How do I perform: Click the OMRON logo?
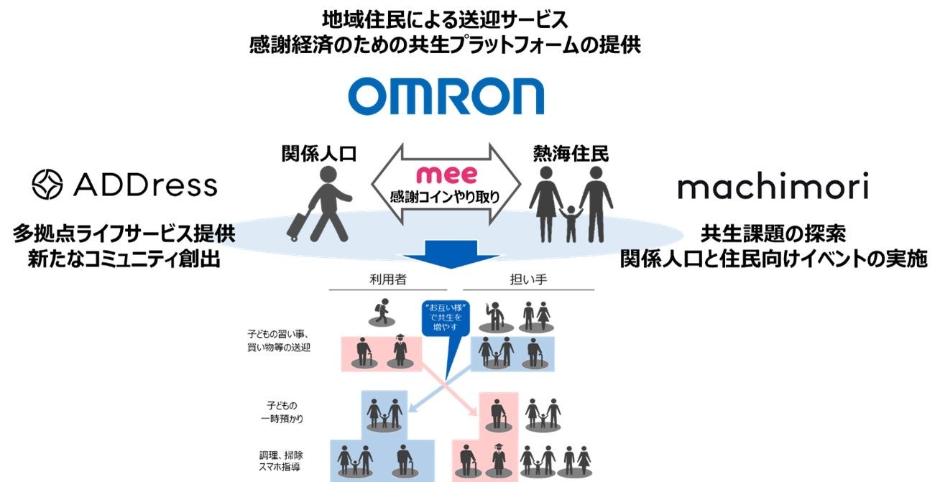[x=446, y=96]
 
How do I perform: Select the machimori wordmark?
[x=773, y=187]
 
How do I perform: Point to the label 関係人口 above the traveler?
[x=318, y=152]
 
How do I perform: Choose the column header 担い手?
[x=533, y=279]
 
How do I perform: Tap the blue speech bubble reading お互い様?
[x=446, y=316]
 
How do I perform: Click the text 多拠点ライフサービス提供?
[x=124, y=234]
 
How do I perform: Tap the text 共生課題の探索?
[x=773, y=234]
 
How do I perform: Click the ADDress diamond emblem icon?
[x=48, y=185]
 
